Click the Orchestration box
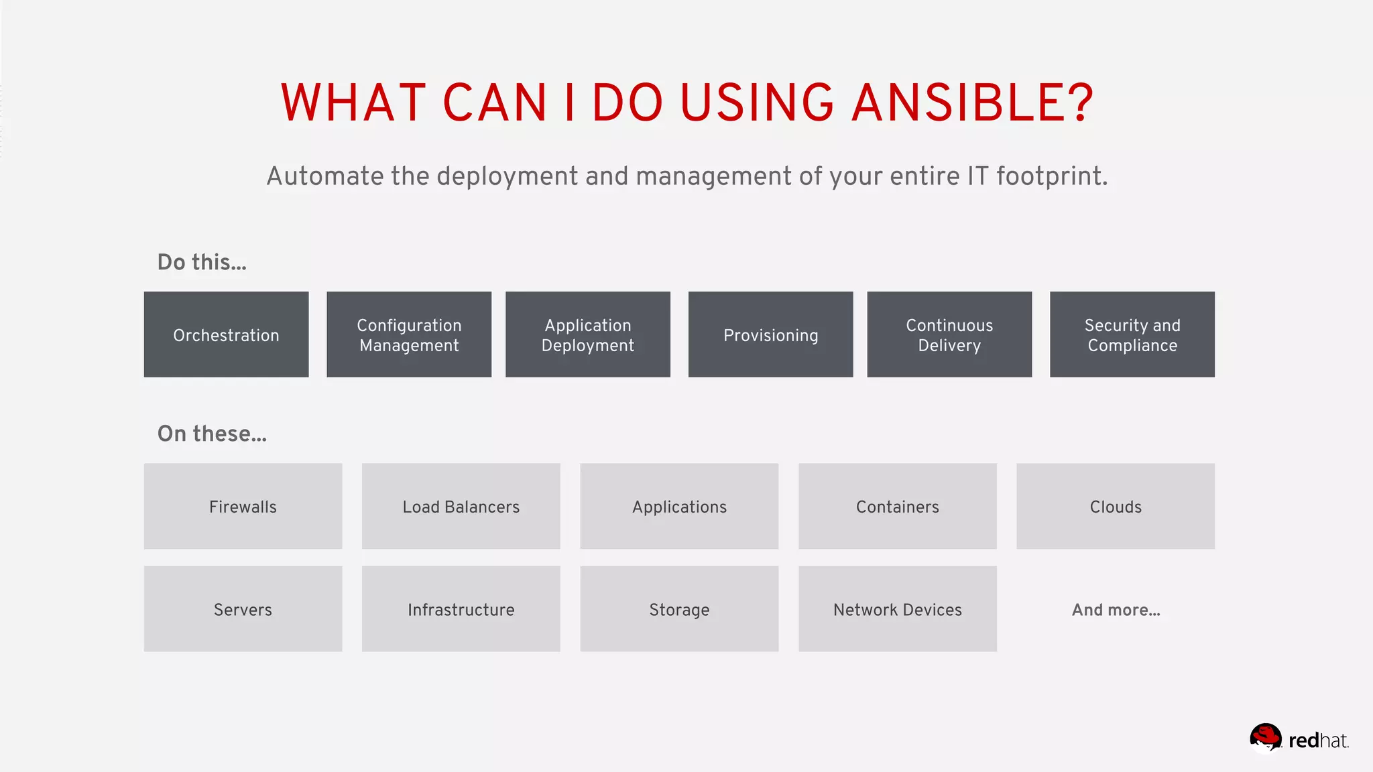coord(226,334)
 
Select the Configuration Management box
coord(409,334)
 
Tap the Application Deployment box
coord(588,334)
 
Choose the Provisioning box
coord(770,334)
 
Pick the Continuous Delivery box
coord(949,334)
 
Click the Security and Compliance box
coord(1132,334)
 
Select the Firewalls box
coord(243,506)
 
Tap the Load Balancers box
coord(461,506)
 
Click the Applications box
coord(679,506)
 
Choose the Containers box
coord(898,506)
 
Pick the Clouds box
coord(1116,506)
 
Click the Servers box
coord(243,608)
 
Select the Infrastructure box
coord(461,608)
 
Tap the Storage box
coord(679,608)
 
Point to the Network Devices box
coord(898,608)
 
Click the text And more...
coord(1116,610)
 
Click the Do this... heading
coord(202,262)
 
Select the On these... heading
coord(212,434)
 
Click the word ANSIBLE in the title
coord(972,103)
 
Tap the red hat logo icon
coord(1266,738)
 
